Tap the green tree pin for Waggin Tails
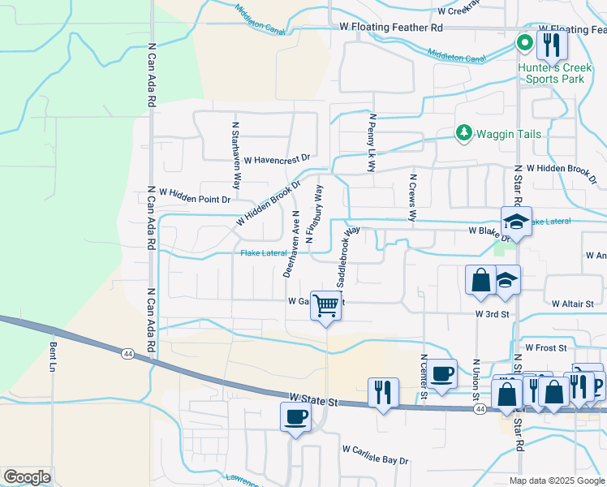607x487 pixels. pyautogui.click(x=463, y=132)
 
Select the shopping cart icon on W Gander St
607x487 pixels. pyautogui.click(x=325, y=306)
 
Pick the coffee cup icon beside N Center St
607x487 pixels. pyautogui.click(x=441, y=373)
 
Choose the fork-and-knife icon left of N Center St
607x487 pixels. pyautogui.click(x=383, y=392)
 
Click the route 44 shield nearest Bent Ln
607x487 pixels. pyautogui.click(x=128, y=354)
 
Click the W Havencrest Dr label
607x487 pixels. pyautogui.click(x=277, y=160)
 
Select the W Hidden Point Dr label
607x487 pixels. pyautogui.click(x=195, y=196)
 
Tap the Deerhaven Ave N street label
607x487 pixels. pyautogui.click(x=292, y=243)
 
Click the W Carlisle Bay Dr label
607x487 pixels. pyautogui.click(x=375, y=455)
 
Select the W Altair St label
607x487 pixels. pyautogui.click(x=573, y=304)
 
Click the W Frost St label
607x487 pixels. pyautogui.click(x=550, y=347)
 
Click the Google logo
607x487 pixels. pyautogui.click(x=27, y=477)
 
